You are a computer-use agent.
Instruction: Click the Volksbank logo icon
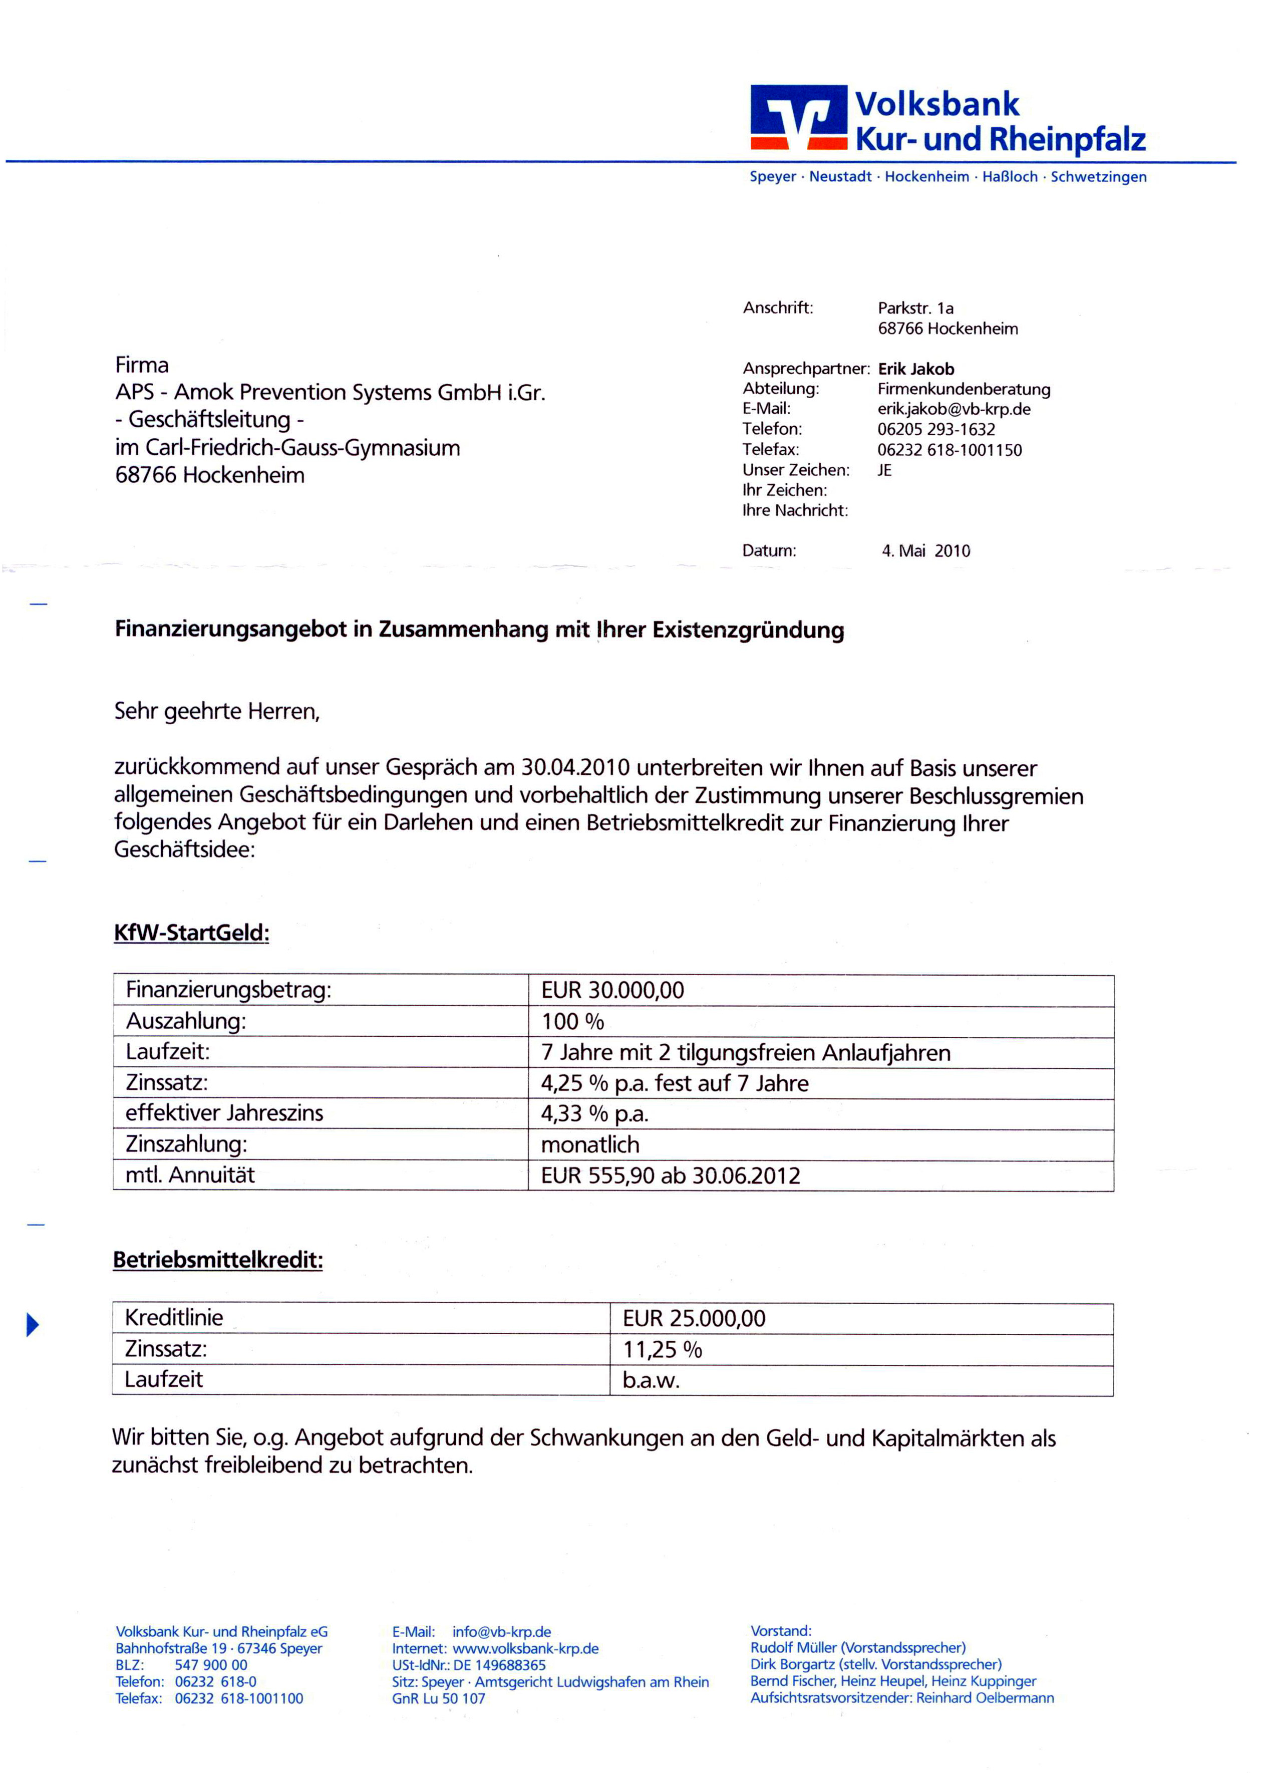[798, 117]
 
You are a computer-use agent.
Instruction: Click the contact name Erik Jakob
[915, 369]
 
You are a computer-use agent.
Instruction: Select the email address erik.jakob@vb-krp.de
[954, 409]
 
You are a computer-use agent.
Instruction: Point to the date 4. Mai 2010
[925, 550]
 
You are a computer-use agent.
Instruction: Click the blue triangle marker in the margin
[32, 1324]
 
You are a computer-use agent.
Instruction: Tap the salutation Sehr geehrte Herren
[217, 711]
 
